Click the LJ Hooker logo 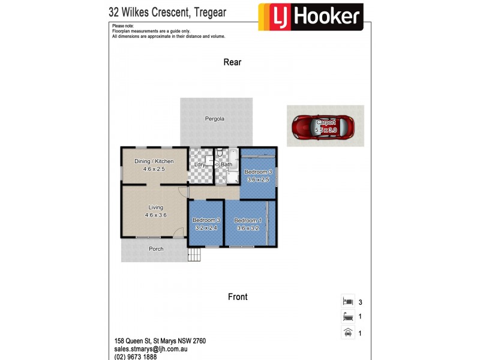[310, 17]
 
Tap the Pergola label [214, 119]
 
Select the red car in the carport [323, 127]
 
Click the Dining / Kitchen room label [154, 161]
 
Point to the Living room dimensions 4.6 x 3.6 [155, 215]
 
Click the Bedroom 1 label [247, 220]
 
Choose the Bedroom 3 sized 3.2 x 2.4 [205, 224]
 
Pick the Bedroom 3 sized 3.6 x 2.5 [258, 176]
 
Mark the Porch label [156, 249]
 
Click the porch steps [194, 255]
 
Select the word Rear [232, 62]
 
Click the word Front [238, 296]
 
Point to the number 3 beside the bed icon [360, 302]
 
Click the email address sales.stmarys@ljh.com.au [152, 348]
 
